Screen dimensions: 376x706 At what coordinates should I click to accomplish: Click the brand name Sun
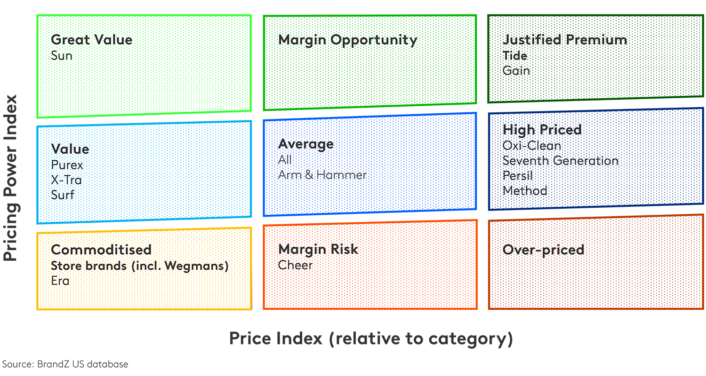tap(62, 55)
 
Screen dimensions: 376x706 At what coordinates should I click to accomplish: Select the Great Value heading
tap(91, 39)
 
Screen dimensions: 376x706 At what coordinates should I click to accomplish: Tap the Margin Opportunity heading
tap(347, 40)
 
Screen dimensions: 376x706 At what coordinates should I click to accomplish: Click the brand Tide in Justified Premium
tap(514, 55)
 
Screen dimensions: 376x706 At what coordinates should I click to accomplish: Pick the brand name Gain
tap(516, 70)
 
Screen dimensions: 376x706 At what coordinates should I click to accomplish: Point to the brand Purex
tap(67, 165)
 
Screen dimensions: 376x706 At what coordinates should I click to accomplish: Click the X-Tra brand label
tap(66, 180)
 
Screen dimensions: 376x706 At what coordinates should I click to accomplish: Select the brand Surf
tap(63, 194)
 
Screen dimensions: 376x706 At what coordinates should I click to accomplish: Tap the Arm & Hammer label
tap(322, 175)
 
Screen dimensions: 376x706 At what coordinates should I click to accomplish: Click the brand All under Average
tap(285, 160)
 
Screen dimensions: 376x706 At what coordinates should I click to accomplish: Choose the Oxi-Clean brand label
tap(531, 145)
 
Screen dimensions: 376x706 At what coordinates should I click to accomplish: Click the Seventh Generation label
tap(560, 161)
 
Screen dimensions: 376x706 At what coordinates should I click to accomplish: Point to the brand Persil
tap(518, 176)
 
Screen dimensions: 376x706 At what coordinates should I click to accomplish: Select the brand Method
tap(525, 191)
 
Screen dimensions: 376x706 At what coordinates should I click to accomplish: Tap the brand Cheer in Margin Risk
tap(295, 265)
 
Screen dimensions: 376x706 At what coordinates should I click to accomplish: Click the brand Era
tap(60, 281)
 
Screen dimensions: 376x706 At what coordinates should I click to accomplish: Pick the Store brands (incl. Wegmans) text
tap(139, 266)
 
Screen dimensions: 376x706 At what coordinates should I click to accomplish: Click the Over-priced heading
tap(543, 250)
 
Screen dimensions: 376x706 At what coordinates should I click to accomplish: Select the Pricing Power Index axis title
tap(10, 178)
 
